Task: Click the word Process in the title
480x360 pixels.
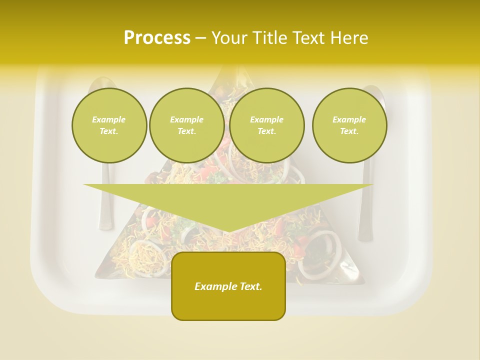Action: tap(157, 38)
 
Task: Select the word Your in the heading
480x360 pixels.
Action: tap(229, 38)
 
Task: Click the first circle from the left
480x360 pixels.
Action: tap(109, 125)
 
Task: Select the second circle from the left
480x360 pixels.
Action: tap(186, 125)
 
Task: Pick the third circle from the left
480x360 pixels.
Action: tap(266, 125)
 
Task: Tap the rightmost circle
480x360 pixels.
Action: tap(349, 125)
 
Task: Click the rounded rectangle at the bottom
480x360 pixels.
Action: tap(228, 300)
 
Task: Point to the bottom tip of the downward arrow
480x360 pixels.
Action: tap(228, 231)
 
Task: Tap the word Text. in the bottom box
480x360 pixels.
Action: tap(250, 286)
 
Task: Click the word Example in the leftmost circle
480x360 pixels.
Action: tap(109, 119)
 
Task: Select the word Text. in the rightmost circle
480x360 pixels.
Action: tap(349, 131)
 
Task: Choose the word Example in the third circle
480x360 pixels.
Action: tap(266, 119)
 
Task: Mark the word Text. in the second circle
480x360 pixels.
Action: tap(186, 131)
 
